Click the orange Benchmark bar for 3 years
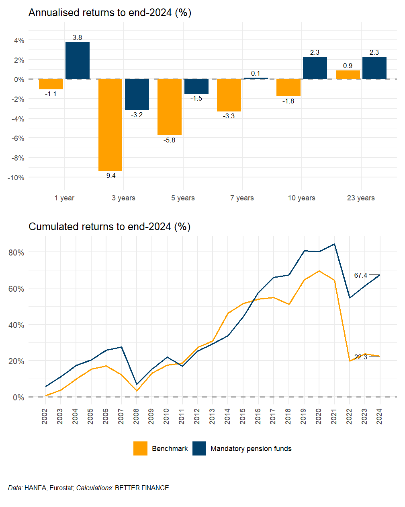(x=110, y=125)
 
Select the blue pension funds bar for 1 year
(x=78, y=60)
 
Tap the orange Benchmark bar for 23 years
(x=348, y=75)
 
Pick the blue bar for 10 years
(x=315, y=68)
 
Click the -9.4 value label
(x=110, y=176)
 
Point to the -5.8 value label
(x=169, y=140)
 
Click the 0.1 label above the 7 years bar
(x=256, y=73)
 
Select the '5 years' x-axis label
(x=183, y=198)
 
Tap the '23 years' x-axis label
(x=361, y=198)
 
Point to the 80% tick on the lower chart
(x=16, y=253)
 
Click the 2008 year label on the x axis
(x=136, y=416)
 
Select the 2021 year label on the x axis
(x=334, y=416)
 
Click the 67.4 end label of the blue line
(x=360, y=276)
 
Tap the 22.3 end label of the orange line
(x=360, y=357)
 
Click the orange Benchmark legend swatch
(x=140, y=449)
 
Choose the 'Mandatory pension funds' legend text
(x=251, y=449)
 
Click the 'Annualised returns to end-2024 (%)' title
(x=110, y=13)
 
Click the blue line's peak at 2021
(x=334, y=244)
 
